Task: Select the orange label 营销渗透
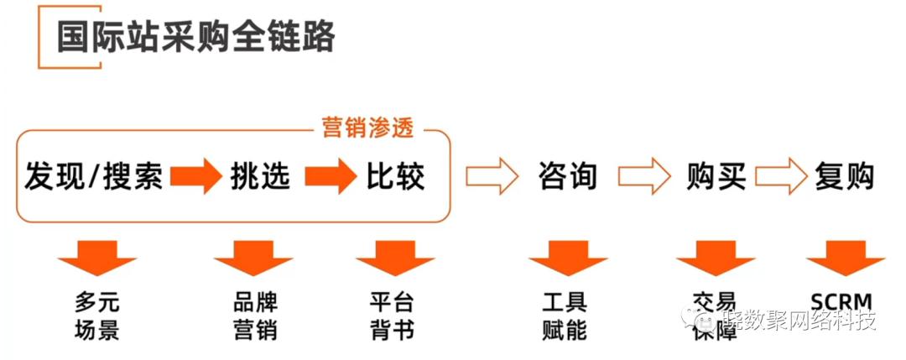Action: click(x=370, y=128)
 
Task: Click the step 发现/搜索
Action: click(x=93, y=176)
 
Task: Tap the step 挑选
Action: click(x=260, y=176)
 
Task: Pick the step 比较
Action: click(x=395, y=176)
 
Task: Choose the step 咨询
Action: click(x=567, y=176)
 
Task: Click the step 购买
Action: click(x=716, y=176)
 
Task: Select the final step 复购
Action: click(x=844, y=176)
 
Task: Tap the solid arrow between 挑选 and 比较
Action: click(x=330, y=177)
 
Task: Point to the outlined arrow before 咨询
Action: click(x=493, y=177)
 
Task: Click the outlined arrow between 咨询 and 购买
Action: click(x=644, y=177)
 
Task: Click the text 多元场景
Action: click(x=97, y=315)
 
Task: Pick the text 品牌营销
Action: click(x=255, y=315)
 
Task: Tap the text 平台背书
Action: click(x=392, y=315)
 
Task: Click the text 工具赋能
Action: click(x=565, y=315)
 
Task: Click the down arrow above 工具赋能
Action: click(x=568, y=258)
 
